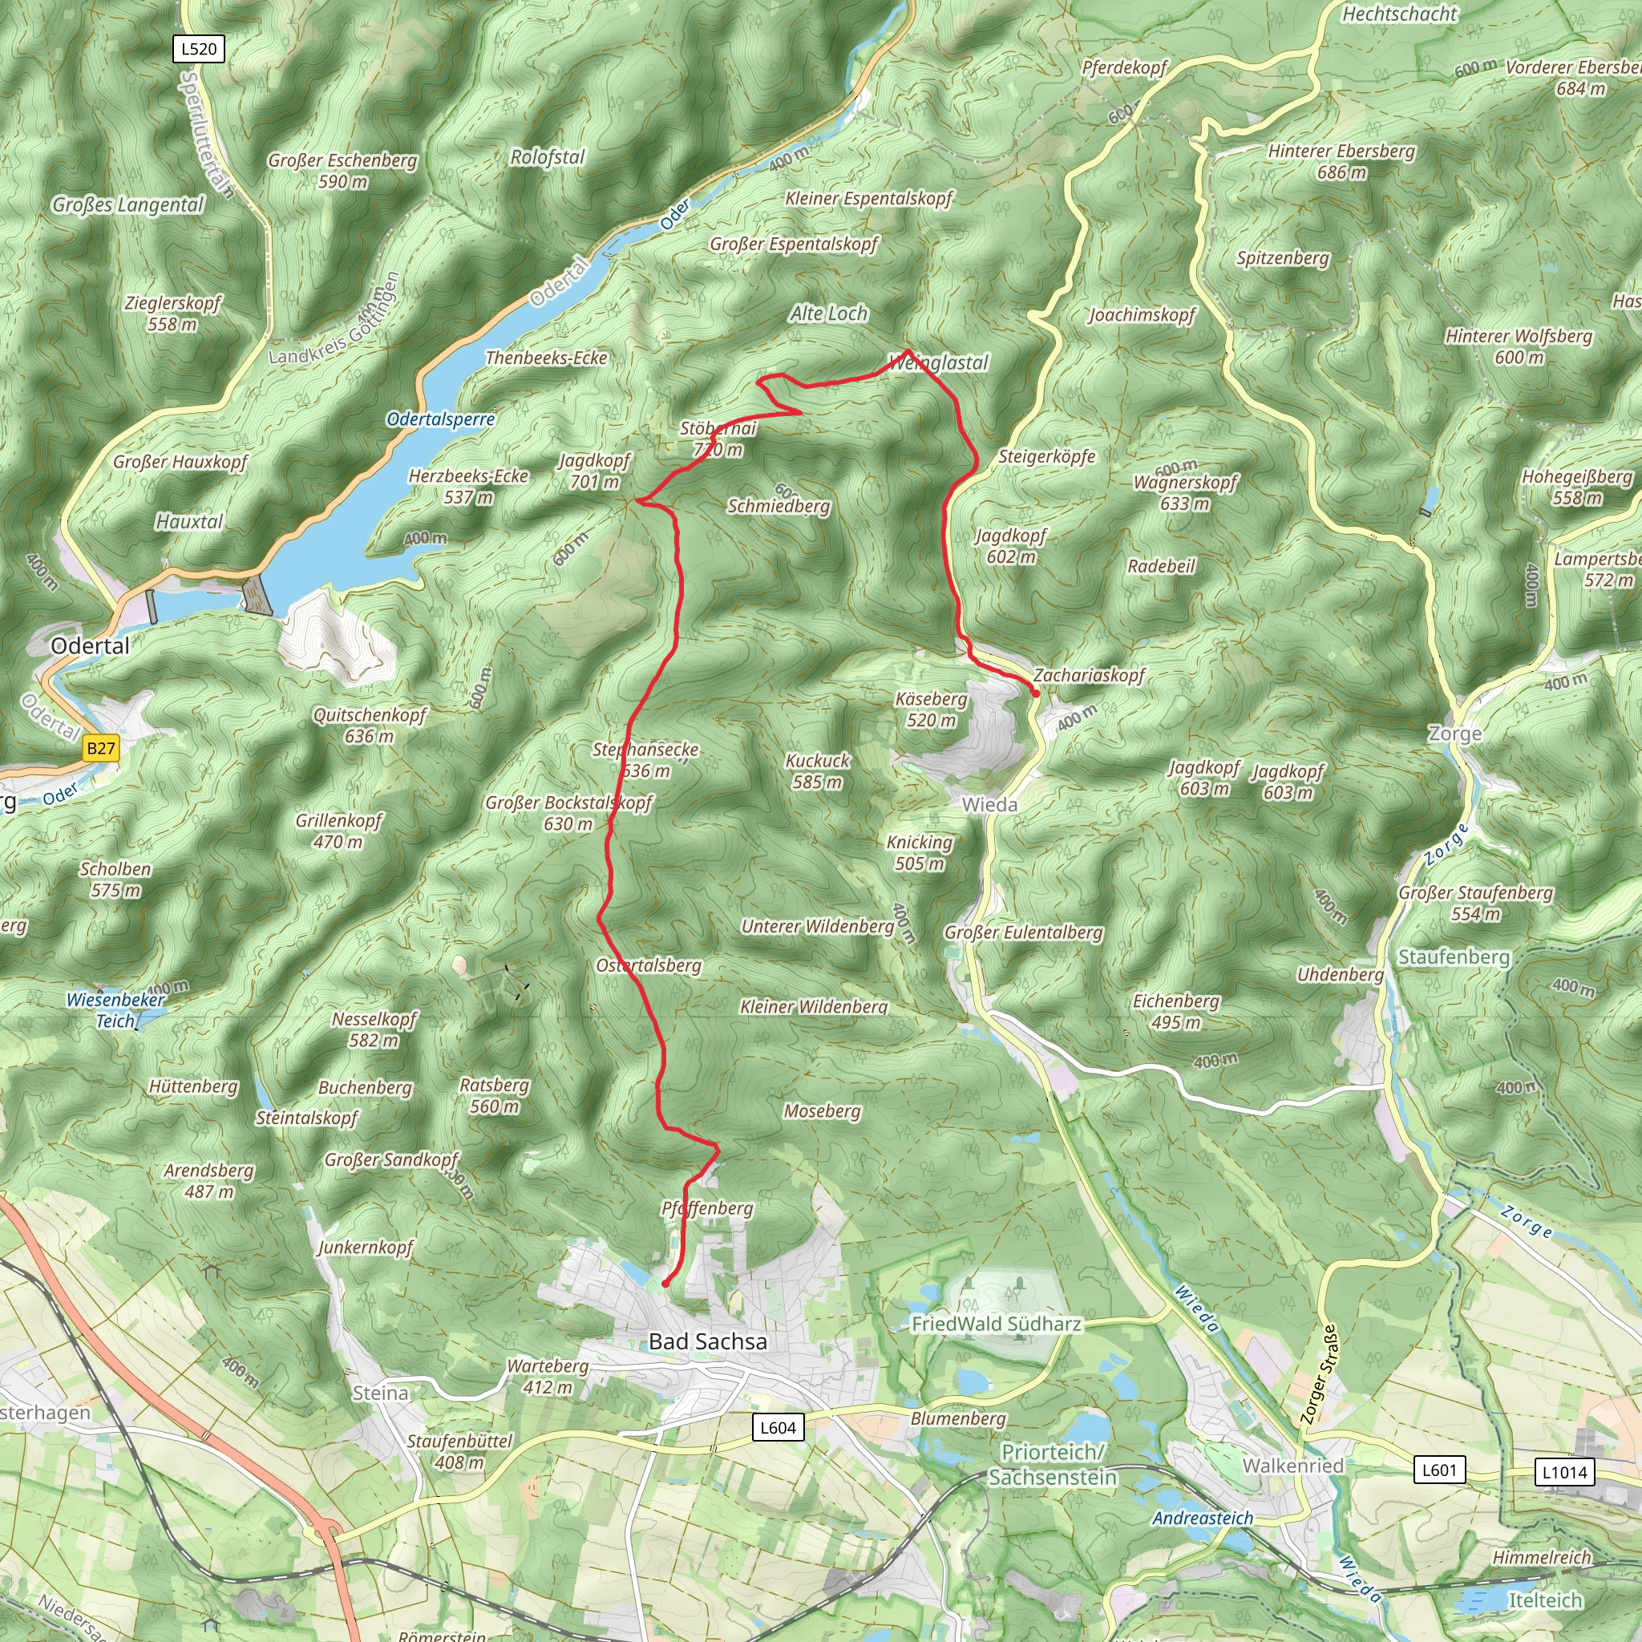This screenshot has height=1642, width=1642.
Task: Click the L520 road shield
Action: coord(199,48)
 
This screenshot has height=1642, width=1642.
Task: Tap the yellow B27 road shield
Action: coord(100,748)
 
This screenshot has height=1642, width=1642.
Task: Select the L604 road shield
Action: coord(778,1427)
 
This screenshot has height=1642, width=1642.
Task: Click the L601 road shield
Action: coord(1439,1470)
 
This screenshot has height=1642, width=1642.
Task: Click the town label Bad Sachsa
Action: coord(707,1341)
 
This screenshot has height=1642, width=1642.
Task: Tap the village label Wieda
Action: coord(989,804)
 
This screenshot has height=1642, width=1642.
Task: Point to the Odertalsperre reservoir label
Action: coord(440,419)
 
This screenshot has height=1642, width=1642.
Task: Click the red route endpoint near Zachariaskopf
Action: coord(1035,694)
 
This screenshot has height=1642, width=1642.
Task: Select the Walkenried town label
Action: coord(1292,1466)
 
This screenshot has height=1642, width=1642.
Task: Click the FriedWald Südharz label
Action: coord(996,1323)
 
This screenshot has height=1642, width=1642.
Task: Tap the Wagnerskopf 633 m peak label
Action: coord(1185,493)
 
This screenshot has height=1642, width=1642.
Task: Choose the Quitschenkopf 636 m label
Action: coord(370,725)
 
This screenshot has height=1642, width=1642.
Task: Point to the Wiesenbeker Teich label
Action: coord(115,1009)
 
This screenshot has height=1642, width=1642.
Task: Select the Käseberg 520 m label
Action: coord(931,709)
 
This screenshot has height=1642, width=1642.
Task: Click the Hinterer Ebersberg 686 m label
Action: coord(1341,161)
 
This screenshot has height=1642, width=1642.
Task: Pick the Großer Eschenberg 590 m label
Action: coord(342,170)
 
